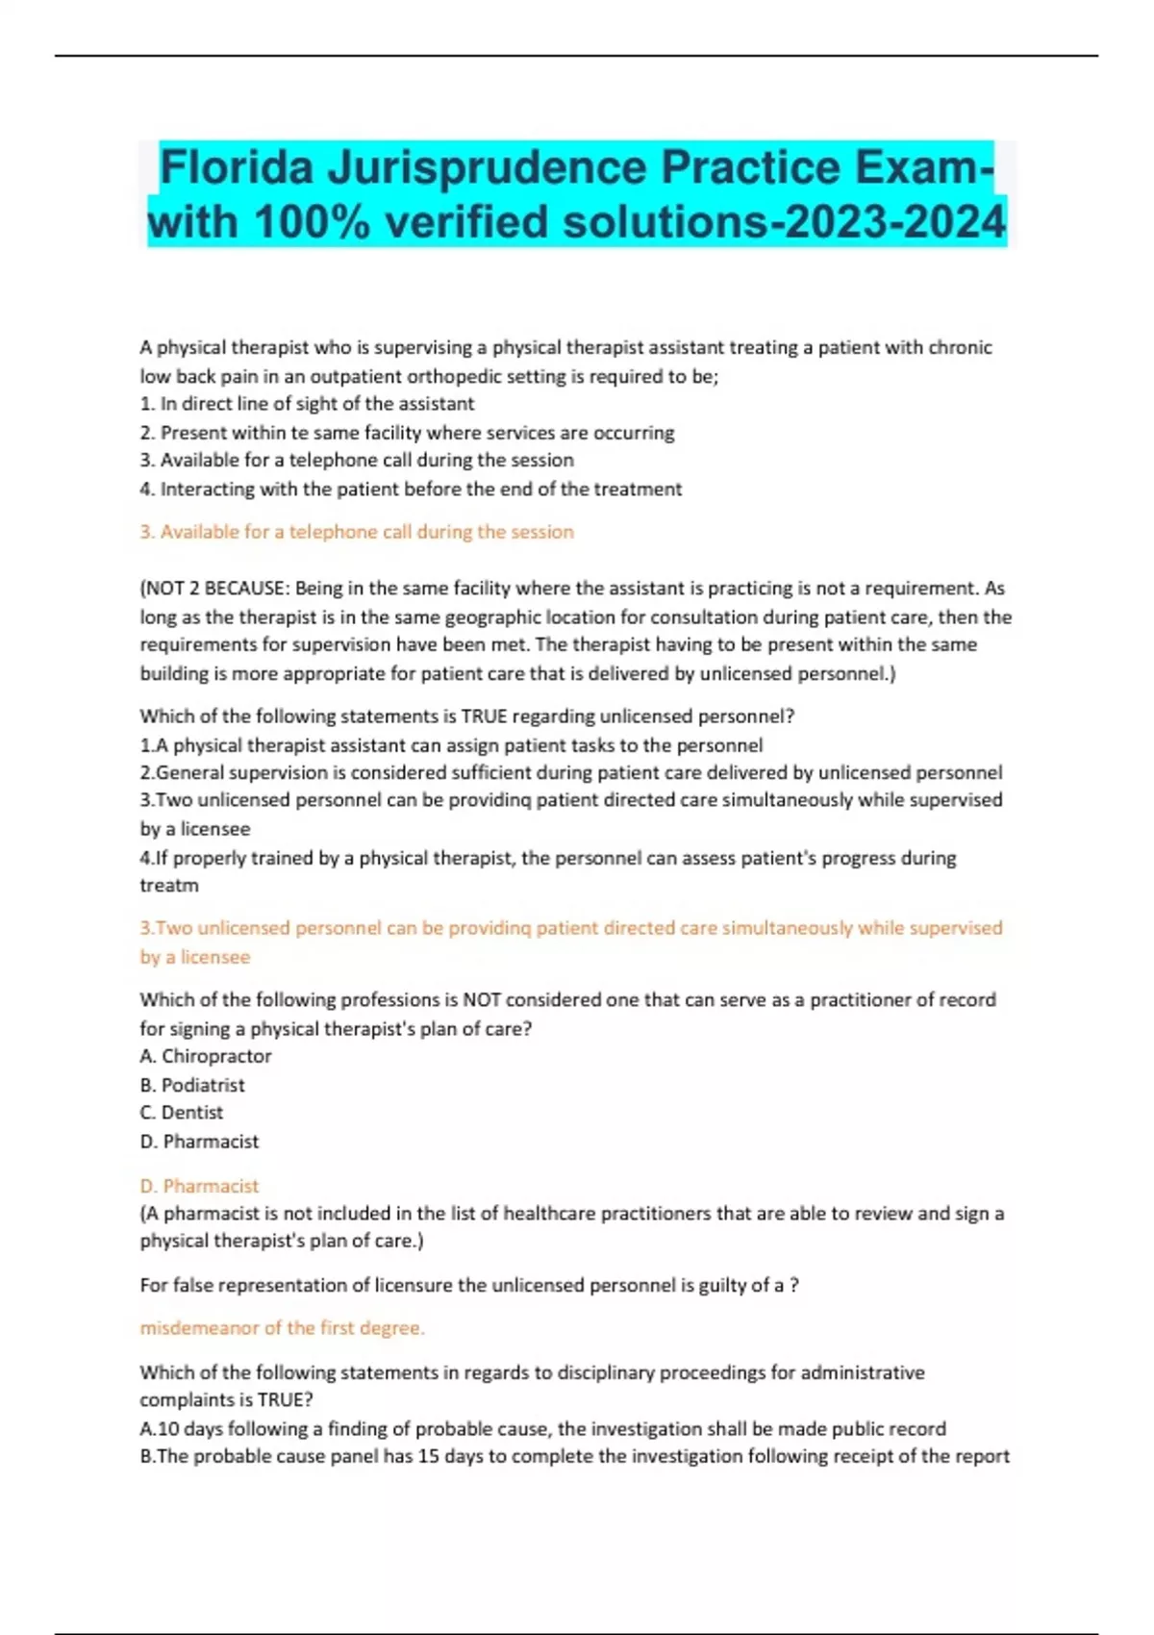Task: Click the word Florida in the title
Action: [237, 167]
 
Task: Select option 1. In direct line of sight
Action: [307, 404]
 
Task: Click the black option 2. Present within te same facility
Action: [407, 433]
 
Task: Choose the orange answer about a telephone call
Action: [357, 532]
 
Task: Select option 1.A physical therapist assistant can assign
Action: [451, 745]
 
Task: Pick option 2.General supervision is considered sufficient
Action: [570, 773]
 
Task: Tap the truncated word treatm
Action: [169, 886]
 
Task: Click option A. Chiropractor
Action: [206, 1056]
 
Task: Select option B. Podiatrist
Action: [192, 1085]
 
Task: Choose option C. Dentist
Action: [182, 1113]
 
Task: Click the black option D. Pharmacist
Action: [199, 1142]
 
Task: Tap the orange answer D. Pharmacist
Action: [199, 1186]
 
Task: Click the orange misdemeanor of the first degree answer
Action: [282, 1328]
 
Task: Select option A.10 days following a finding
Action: [542, 1429]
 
